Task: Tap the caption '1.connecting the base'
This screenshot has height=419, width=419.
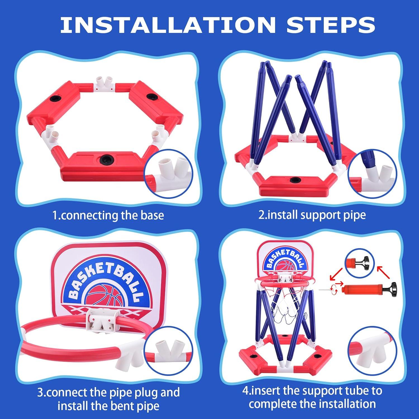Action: pos(108,215)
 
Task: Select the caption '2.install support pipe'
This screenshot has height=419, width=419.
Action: pos(312,215)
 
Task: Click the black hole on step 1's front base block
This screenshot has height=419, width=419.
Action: pos(106,159)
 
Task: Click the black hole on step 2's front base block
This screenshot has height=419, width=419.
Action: pos(294,179)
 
